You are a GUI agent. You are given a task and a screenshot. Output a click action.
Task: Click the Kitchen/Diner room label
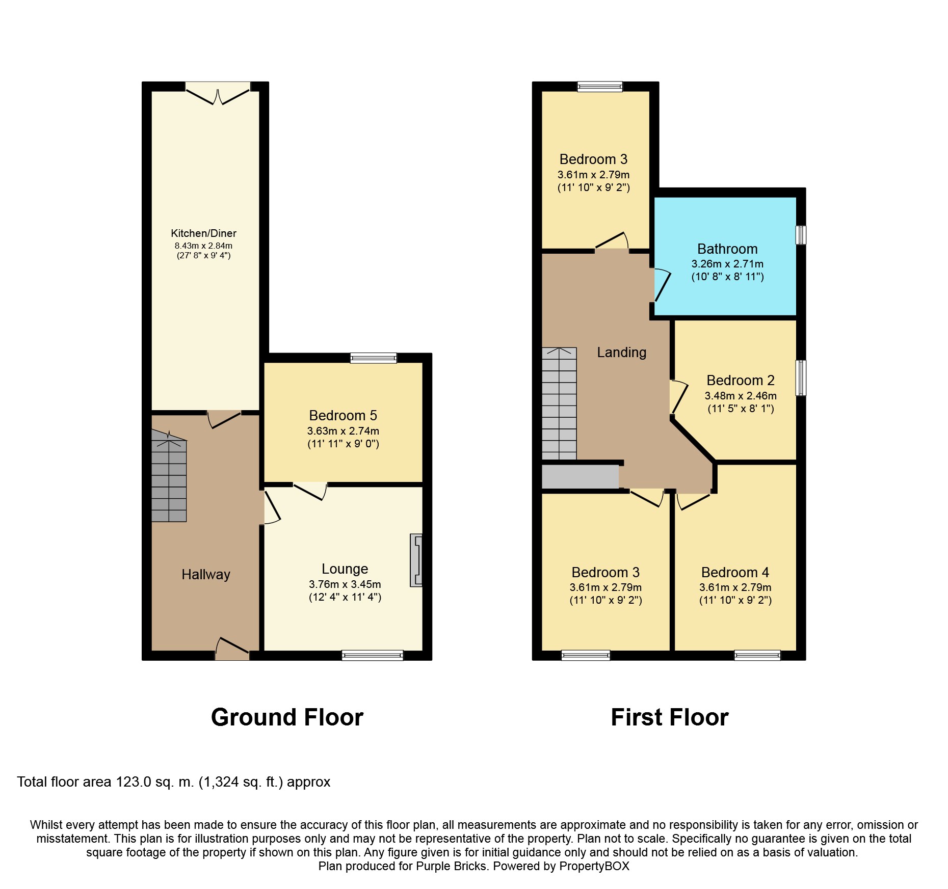click(203, 233)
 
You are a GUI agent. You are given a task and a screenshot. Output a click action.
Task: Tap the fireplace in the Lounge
click(416, 560)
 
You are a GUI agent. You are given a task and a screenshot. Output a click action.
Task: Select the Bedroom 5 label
click(343, 416)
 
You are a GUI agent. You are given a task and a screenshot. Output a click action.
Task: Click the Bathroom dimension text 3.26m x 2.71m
click(727, 264)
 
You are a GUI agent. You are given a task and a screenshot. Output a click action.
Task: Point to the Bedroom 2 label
click(741, 381)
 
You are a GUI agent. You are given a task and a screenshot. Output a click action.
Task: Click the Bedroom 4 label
click(735, 573)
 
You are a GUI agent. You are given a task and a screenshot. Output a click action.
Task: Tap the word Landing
click(622, 353)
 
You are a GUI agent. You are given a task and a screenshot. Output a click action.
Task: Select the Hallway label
click(206, 575)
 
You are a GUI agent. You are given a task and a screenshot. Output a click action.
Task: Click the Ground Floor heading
click(287, 717)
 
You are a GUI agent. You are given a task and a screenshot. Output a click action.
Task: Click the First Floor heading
click(670, 717)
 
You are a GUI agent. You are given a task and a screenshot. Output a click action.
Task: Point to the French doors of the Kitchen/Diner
click(218, 93)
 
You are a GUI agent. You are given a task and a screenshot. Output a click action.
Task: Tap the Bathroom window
click(801, 235)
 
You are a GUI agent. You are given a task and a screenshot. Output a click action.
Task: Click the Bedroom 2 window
click(801, 378)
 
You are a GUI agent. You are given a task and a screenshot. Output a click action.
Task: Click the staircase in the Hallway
click(169, 476)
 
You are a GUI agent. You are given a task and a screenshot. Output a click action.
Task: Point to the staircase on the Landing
click(559, 403)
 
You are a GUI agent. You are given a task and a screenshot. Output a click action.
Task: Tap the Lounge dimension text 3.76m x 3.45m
click(345, 584)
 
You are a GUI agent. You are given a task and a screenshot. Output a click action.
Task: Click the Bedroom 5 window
click(373, 358)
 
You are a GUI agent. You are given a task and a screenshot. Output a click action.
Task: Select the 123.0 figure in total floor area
click(134, 782)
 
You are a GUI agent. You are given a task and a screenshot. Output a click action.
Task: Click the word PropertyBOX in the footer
click(594, 866)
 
